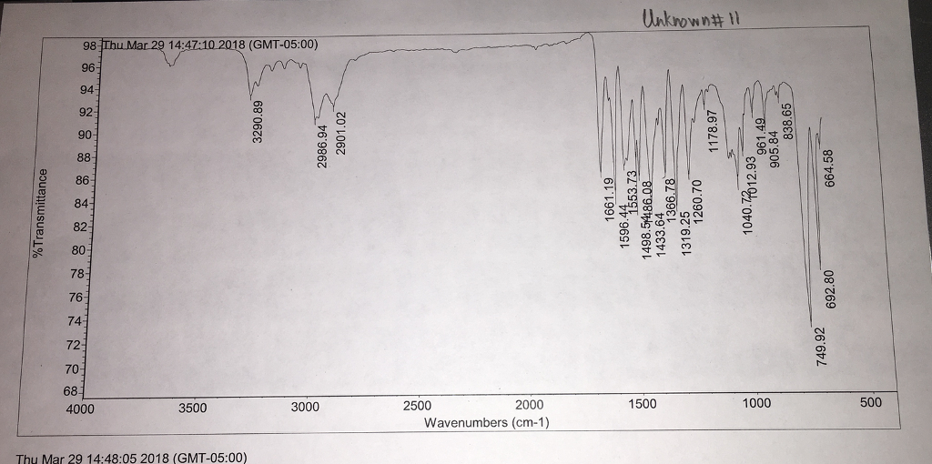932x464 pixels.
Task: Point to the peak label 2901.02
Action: pos(341,132)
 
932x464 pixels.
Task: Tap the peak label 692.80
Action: pos(829,288)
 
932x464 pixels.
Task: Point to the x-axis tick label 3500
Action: pos(193,408)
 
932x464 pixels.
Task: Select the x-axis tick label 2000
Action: pos(529,406)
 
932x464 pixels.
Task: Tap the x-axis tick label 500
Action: pos(870,402)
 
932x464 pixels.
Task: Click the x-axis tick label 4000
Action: pos(81,409)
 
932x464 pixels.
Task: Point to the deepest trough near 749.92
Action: pos(811,323)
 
